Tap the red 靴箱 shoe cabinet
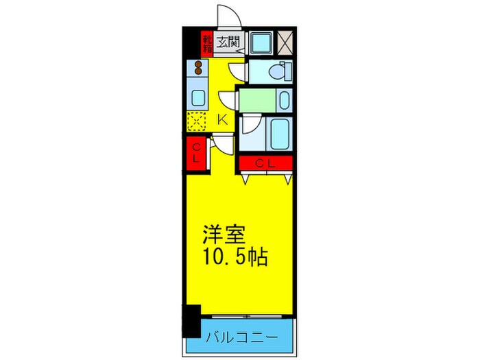pyautogui.click(x=207, y=43)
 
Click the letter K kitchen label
pyautogui.click(x=221, y=119)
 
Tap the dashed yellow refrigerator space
pyautogui.click(x=197, y=121)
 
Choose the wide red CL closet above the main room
pyautogui.click(x=266, y=163)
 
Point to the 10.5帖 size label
pyautogui.click(x=233, y=259)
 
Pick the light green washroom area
pyautogui.click(x=257, y=100)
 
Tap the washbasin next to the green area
pyautogui.click(x=284, y=100)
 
